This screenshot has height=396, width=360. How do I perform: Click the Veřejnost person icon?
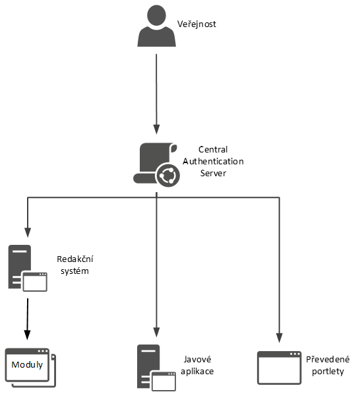point(156,26)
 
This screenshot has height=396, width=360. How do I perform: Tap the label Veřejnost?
point(196,24)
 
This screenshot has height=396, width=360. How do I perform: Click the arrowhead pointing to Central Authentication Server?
point(156,129)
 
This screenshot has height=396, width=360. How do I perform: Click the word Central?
point(213,150)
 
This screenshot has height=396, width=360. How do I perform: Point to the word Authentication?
point(213,162)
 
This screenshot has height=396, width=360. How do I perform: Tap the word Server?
point(213,173)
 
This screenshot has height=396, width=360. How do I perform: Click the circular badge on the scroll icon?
point(168,176)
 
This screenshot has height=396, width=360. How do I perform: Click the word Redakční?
point(75,259)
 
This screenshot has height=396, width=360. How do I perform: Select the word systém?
point(75,271)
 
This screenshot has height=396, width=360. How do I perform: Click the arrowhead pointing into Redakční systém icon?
point(28,232)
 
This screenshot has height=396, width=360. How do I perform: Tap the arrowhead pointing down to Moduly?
point(27,335)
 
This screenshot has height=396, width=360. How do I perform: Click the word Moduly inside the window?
point(27,365)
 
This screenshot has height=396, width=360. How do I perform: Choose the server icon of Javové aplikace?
point(156,368)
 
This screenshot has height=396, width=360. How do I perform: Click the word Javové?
point(197,359)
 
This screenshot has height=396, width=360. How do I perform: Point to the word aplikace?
point(197,371)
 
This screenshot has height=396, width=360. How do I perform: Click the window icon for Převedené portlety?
point(280,368)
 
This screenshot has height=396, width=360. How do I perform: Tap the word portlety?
point(328,371)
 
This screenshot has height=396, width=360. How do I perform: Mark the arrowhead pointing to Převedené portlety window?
point(280,338)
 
